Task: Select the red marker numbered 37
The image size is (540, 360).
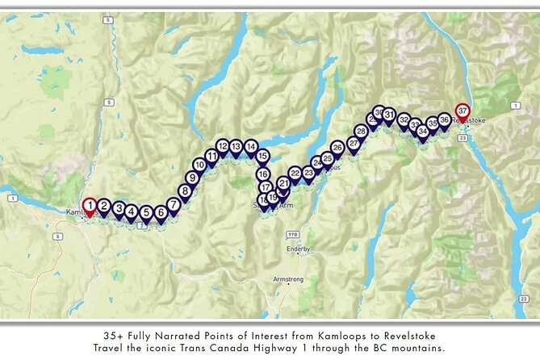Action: click(x=463, y=111)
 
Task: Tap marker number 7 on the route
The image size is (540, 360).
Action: click(x=174, y=205)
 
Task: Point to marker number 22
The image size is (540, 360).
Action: click(x=295, y=174)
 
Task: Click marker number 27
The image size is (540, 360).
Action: click(x=353, y=144)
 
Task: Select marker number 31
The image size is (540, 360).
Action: click(x=389, y=115)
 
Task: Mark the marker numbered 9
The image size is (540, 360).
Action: click(x=192, y=178)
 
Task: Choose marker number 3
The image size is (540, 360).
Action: click(x=119, y=208)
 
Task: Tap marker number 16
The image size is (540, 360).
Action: click(x=263, y=174)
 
